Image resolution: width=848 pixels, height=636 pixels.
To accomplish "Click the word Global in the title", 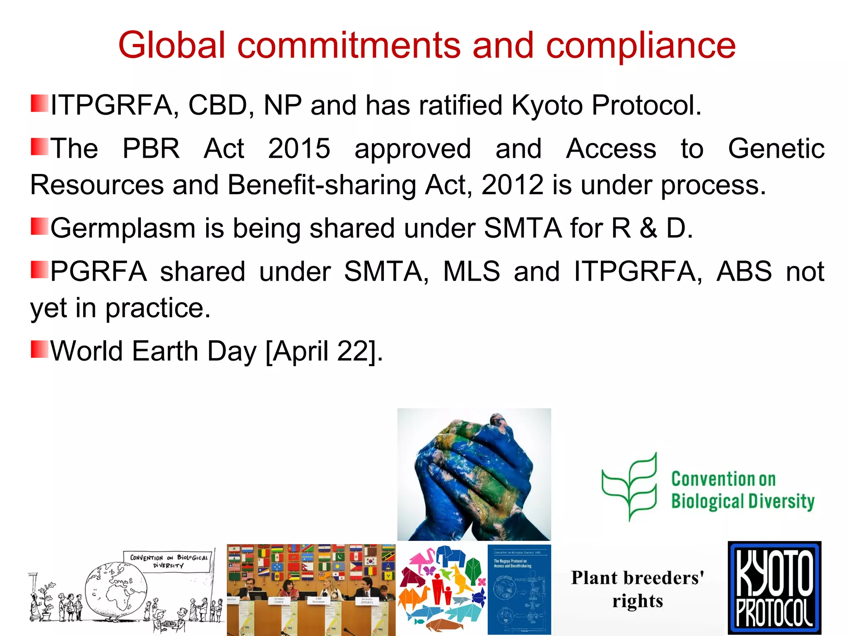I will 171,45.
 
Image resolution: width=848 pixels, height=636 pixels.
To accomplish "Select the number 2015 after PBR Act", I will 299,148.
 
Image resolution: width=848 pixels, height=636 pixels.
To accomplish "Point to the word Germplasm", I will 123,229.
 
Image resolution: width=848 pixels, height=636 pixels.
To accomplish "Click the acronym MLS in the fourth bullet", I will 471,272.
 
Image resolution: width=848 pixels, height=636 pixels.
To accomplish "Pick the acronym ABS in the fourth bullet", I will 744,272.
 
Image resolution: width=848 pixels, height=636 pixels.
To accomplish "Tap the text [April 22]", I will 323,352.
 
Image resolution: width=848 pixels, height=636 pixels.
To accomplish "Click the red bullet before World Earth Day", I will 39,349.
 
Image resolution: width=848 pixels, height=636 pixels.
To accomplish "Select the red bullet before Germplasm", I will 39,226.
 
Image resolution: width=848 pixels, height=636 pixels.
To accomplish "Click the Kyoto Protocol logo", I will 774,588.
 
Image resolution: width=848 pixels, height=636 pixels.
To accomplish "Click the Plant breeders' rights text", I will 638,589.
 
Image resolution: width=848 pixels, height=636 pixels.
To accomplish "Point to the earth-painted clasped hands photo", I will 474,474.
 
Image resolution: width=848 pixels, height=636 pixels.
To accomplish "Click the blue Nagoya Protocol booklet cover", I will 519,589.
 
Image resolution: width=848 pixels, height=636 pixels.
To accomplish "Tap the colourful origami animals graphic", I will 442,589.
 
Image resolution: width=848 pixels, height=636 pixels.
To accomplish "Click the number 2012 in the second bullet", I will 512,185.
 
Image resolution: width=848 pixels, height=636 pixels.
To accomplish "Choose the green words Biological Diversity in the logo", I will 742,501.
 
